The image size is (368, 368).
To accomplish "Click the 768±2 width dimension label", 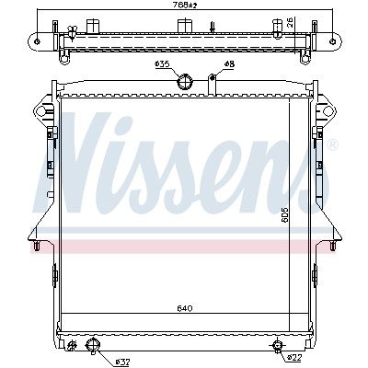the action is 184,5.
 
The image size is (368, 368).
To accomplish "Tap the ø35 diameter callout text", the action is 162,64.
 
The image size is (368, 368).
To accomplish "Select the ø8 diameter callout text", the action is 229,64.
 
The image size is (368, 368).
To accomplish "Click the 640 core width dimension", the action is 185,308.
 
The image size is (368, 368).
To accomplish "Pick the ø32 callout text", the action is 123,362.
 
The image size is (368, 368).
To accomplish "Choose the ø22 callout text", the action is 295,357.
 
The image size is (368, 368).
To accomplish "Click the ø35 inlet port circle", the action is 185,82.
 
